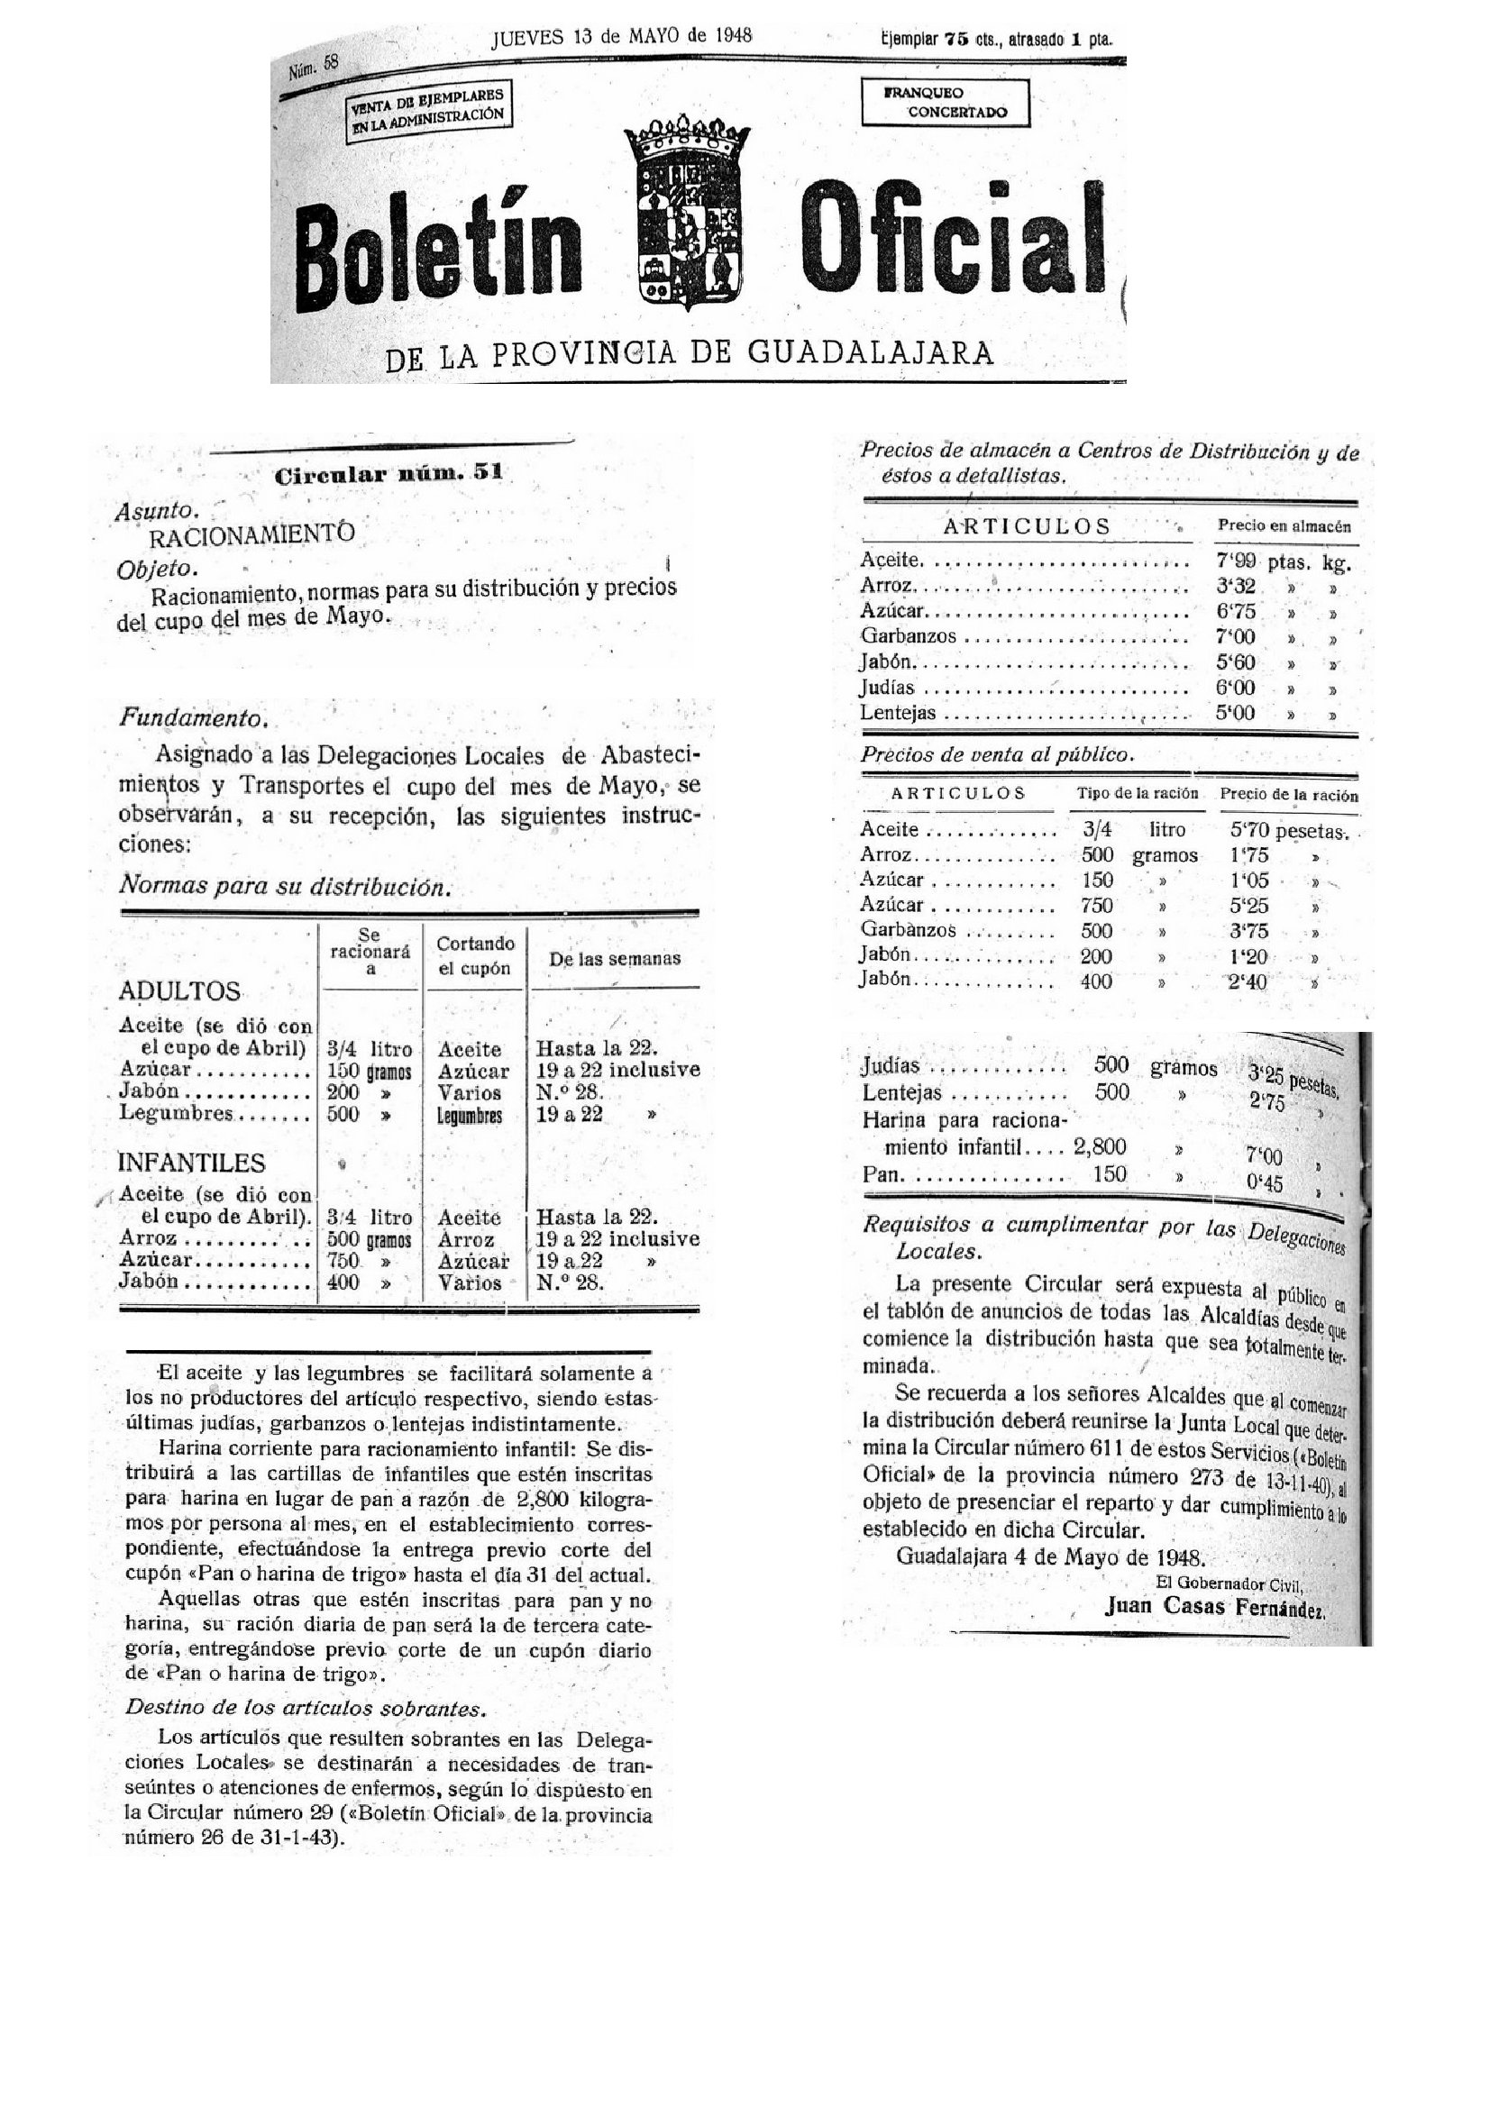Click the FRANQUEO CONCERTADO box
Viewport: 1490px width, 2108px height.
pyautogui.click(x=945, y=103)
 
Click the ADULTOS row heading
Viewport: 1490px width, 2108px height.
pyautogui.click(x=179, y=991)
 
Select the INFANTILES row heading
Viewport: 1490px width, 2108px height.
pyautogui.click(x=191, y=1163)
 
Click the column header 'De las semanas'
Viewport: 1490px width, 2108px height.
pyautogui.click(x=614, y=959)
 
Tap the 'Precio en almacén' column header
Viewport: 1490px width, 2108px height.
pyautogui.click(x=1284, y=526)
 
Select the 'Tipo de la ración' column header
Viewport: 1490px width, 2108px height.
pyautogui.click(x=1137, y=793)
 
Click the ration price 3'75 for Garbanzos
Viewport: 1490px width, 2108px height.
pyautogui.click(x=1248, y=931)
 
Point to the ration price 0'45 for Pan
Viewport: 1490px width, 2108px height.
pyautogui.click(x=1264, y=1183)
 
